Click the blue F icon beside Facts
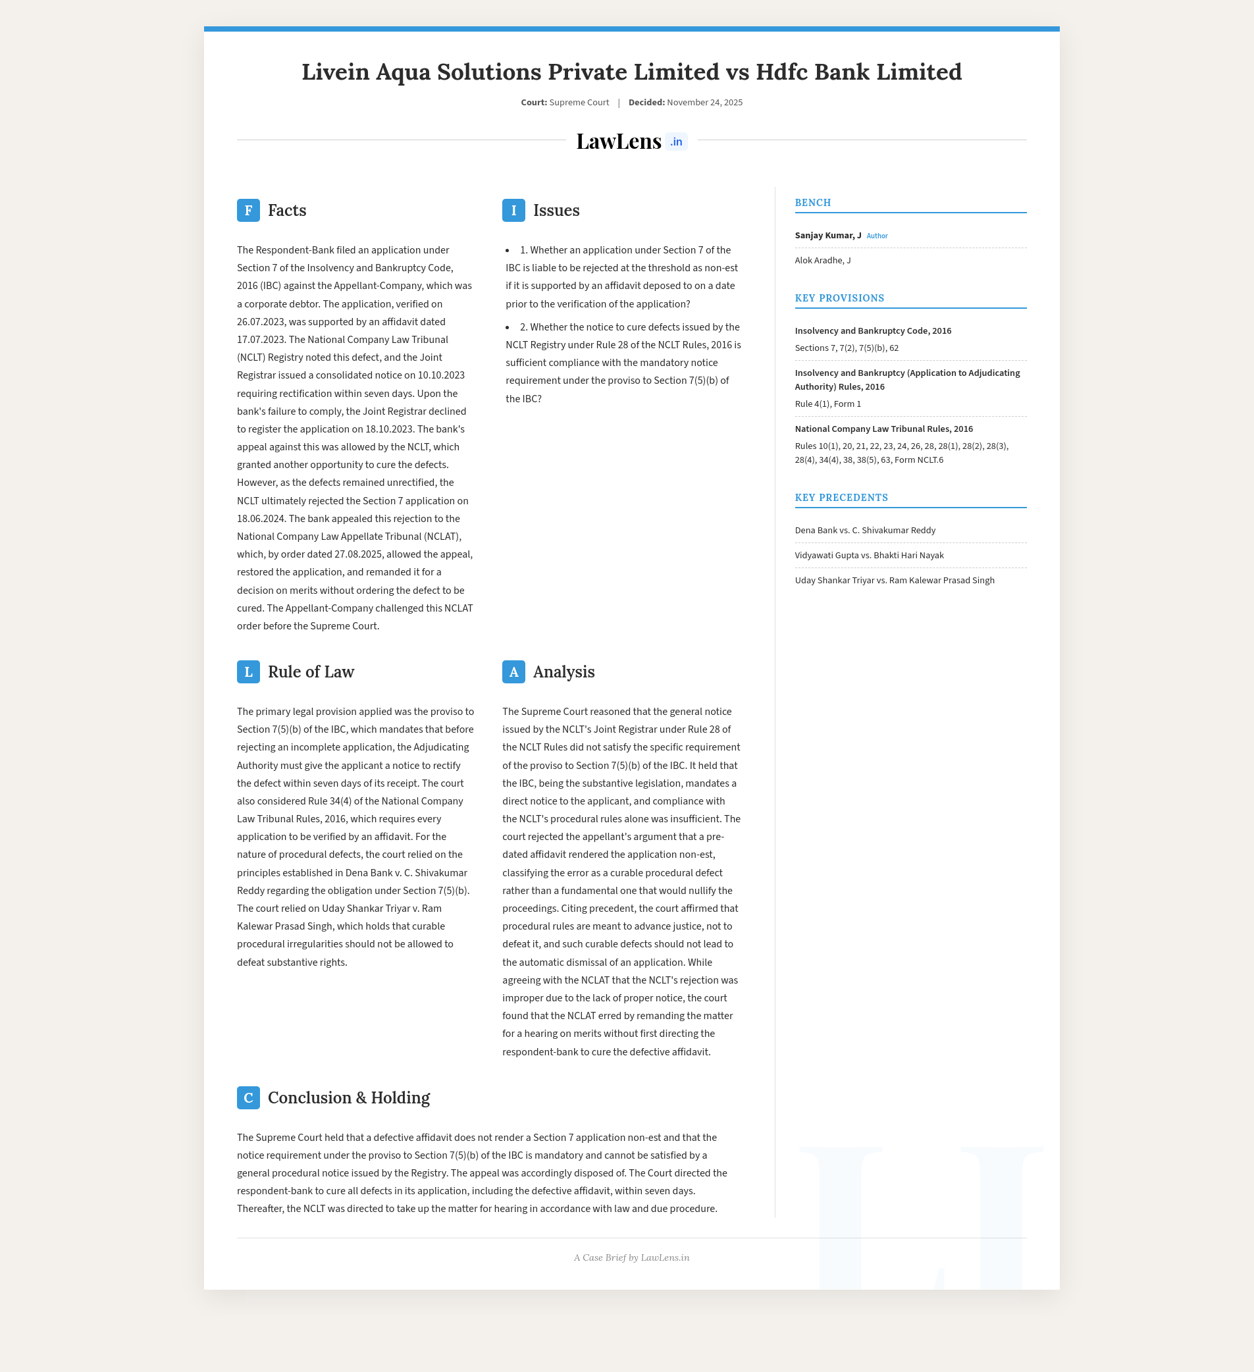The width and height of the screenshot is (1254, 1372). coord(248,210)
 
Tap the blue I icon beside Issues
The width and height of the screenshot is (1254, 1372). coord(513,210)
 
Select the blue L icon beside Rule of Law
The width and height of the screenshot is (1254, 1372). coord(248,672)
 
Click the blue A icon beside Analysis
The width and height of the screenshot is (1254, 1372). coord(513,672)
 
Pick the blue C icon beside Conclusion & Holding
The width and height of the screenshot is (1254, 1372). coord(248,1097)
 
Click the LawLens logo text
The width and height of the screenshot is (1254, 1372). coord(618,141)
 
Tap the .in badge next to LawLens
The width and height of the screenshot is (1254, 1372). coord(675,142)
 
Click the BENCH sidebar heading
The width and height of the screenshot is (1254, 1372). coord(812,203)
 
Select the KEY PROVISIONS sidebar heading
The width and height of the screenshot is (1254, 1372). coord(839,298)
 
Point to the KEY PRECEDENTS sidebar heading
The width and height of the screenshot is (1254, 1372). coord(841,498)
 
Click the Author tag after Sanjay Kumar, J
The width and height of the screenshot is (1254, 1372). coord(876,236)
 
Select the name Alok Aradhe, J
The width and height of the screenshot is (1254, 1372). coord(823,260)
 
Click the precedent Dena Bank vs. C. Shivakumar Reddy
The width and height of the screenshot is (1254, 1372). coord(865,530)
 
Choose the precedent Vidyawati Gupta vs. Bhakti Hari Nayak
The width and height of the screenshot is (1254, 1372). coord(869,556)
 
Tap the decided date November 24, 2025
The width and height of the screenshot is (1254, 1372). coord(704,103)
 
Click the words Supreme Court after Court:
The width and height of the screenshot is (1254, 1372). coord(579,103)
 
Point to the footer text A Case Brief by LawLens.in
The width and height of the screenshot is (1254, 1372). coord(631,1257)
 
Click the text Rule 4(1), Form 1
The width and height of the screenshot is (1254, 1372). coord(827,404)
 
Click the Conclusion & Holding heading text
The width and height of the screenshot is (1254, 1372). coord(348,1097)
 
